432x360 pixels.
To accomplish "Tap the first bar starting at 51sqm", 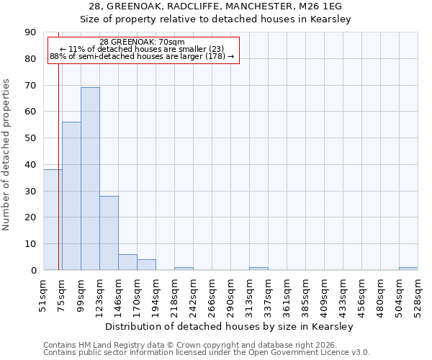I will pos(53,220).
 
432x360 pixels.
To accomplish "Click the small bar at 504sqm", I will pos(408,269).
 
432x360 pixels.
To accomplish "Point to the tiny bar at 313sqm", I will pos(258,269).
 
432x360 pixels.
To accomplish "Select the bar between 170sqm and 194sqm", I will pos(146,264).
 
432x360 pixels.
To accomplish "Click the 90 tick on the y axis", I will pos(30,32).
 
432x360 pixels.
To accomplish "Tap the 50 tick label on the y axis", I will pos(30,138).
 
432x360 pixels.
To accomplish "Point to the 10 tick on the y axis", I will pos(30,244).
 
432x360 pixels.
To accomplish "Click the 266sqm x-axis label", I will pos(212,295).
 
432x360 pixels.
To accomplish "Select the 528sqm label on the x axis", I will pos(418,295).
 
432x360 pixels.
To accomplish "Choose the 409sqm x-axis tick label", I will pos(324,295).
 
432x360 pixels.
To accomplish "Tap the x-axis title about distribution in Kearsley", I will pos(225,327).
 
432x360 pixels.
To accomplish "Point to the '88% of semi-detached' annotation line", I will pos(142,56).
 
